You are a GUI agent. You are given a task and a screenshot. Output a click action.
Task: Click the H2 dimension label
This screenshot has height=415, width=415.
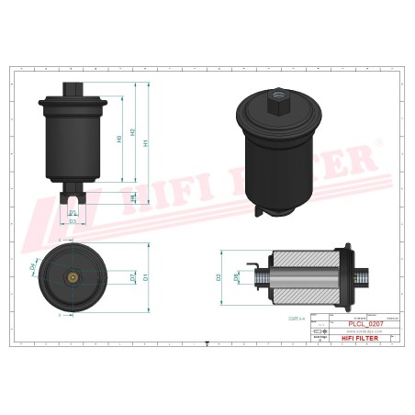[133, 133]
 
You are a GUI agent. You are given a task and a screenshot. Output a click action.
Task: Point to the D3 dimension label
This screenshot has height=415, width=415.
[72, 220]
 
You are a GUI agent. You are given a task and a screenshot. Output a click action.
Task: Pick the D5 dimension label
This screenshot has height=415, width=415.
[72, 212]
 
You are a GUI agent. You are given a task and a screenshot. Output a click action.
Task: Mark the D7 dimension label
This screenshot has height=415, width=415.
[133, 275]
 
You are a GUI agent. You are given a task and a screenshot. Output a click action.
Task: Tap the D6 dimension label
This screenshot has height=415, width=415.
[236, 275]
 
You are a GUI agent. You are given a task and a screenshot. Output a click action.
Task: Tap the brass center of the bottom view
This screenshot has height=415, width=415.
[72, 276]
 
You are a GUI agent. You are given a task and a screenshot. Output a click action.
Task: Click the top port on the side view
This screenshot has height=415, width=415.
[72, 90]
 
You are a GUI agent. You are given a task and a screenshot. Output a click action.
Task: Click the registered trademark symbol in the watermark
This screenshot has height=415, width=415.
[377, 143]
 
